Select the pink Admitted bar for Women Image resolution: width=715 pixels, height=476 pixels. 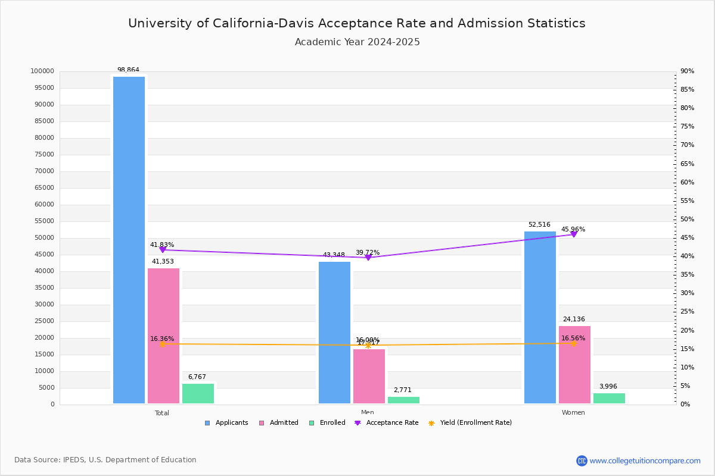[x=574, y=365]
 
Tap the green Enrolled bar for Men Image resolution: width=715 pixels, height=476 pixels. [x=403, y=400]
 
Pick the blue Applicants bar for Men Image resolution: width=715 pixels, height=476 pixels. [x=334, y=333]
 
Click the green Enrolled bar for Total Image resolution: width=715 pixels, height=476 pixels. [x=198, y=393]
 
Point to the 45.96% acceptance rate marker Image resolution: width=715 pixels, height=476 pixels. [x=574, y=234]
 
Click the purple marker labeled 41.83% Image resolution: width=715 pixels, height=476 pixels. [x=162, y=250]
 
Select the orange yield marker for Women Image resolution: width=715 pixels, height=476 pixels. [x=574, y=343]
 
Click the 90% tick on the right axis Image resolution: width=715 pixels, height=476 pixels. [x=688, y=71]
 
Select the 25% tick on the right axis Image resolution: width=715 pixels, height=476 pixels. [x=688, y=312]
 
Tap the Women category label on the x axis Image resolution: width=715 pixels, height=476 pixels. [x=573, y=413]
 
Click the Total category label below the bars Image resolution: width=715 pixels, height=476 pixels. [x=162, y=413]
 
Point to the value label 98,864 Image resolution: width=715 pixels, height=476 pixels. [x=128, y=70]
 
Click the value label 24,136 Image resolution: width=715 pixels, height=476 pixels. [x=574, y=320]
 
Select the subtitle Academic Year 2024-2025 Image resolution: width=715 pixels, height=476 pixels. [x=357, y=42]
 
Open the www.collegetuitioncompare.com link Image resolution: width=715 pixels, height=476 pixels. [x=645, y=461]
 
